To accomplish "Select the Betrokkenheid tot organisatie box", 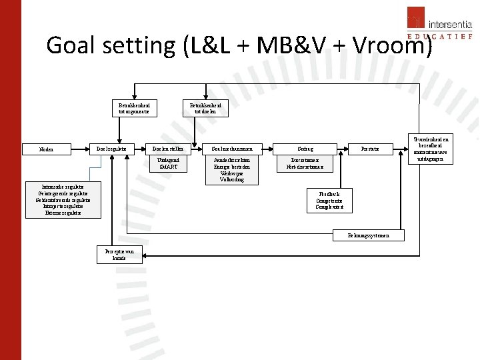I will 135,109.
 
